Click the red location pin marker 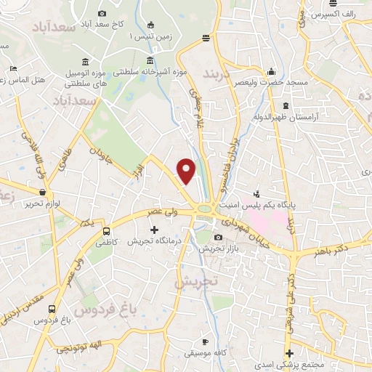187,171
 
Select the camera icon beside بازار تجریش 219,238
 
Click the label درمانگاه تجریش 153,241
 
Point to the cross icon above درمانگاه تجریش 153,230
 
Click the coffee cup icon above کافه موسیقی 206,341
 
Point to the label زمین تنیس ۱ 149,36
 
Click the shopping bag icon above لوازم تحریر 44,193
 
